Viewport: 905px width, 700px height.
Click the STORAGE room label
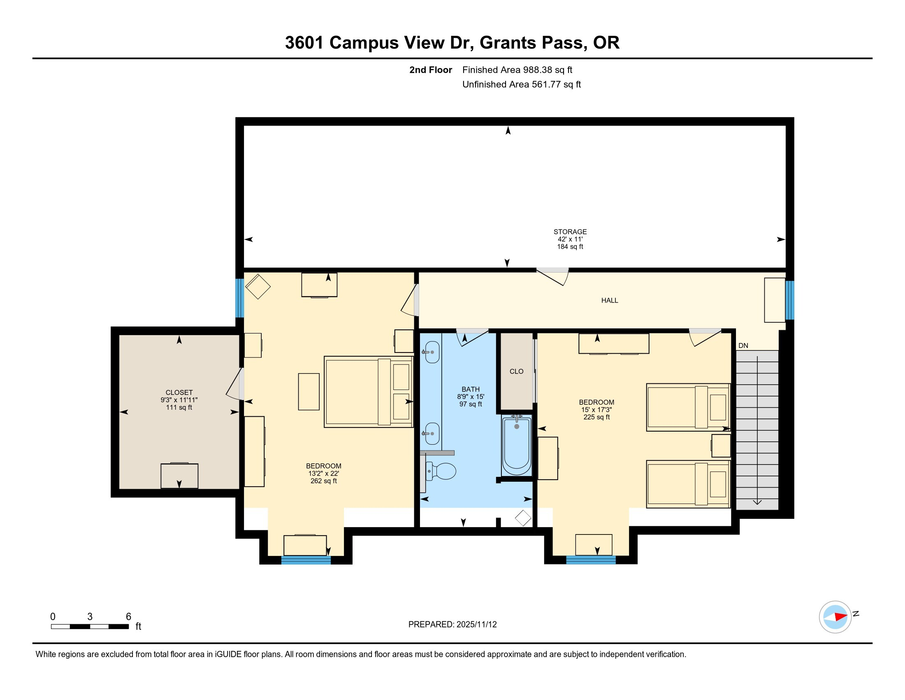[x=570, y=232]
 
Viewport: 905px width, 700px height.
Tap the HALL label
[x=609, y=300]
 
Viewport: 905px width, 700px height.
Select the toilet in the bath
[x=442, y=471]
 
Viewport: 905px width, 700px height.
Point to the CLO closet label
[x=516, y=371]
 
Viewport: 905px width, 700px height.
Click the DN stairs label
[x=743, y=345]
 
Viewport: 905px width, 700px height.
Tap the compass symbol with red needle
[x=835, y=617]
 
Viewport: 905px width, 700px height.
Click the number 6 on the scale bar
[x=128, y=616]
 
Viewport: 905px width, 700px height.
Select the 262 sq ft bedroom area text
[x=323, y=481]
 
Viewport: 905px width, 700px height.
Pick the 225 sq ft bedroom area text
[x=596, y=417]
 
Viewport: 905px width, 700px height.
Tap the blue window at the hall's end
[x=790, y=300]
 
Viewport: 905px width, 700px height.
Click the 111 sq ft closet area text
[x=179, y=407]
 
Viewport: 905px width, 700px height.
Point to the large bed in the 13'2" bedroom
[x=368, y=392]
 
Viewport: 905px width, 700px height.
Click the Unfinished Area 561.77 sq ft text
[x=521, y=84]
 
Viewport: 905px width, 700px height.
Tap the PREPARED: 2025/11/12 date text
[x=452, y=625]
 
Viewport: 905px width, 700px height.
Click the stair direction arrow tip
[x=757, y=504]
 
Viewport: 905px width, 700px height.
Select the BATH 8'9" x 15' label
[x=470, y=393]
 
